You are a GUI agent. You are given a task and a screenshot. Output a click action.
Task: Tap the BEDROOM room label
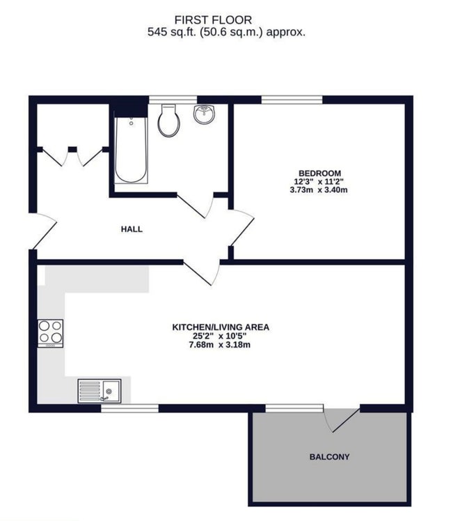tap(319, 173)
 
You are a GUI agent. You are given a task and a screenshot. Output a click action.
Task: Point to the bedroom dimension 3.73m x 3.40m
tap(319, 189)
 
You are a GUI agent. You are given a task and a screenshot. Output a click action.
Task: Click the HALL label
tap(132, 228)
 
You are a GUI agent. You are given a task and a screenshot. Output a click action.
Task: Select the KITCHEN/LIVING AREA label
tap(221, 327)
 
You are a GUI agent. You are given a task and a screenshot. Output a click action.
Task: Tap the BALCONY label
tap(330, 458)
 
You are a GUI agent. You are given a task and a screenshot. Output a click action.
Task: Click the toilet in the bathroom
tap(169, 120)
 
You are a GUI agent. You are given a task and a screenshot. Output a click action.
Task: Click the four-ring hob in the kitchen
tap(51, 332)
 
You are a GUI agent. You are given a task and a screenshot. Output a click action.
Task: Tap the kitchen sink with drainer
tap(99, 391)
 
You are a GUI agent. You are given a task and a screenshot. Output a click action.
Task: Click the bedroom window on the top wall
tap(292, 100)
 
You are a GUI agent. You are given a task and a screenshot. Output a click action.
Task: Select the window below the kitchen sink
tap(129, 407)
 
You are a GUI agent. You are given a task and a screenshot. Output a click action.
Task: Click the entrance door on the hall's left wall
tap(42, 233)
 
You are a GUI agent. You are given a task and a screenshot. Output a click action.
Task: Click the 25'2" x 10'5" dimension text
tap(221, 335)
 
